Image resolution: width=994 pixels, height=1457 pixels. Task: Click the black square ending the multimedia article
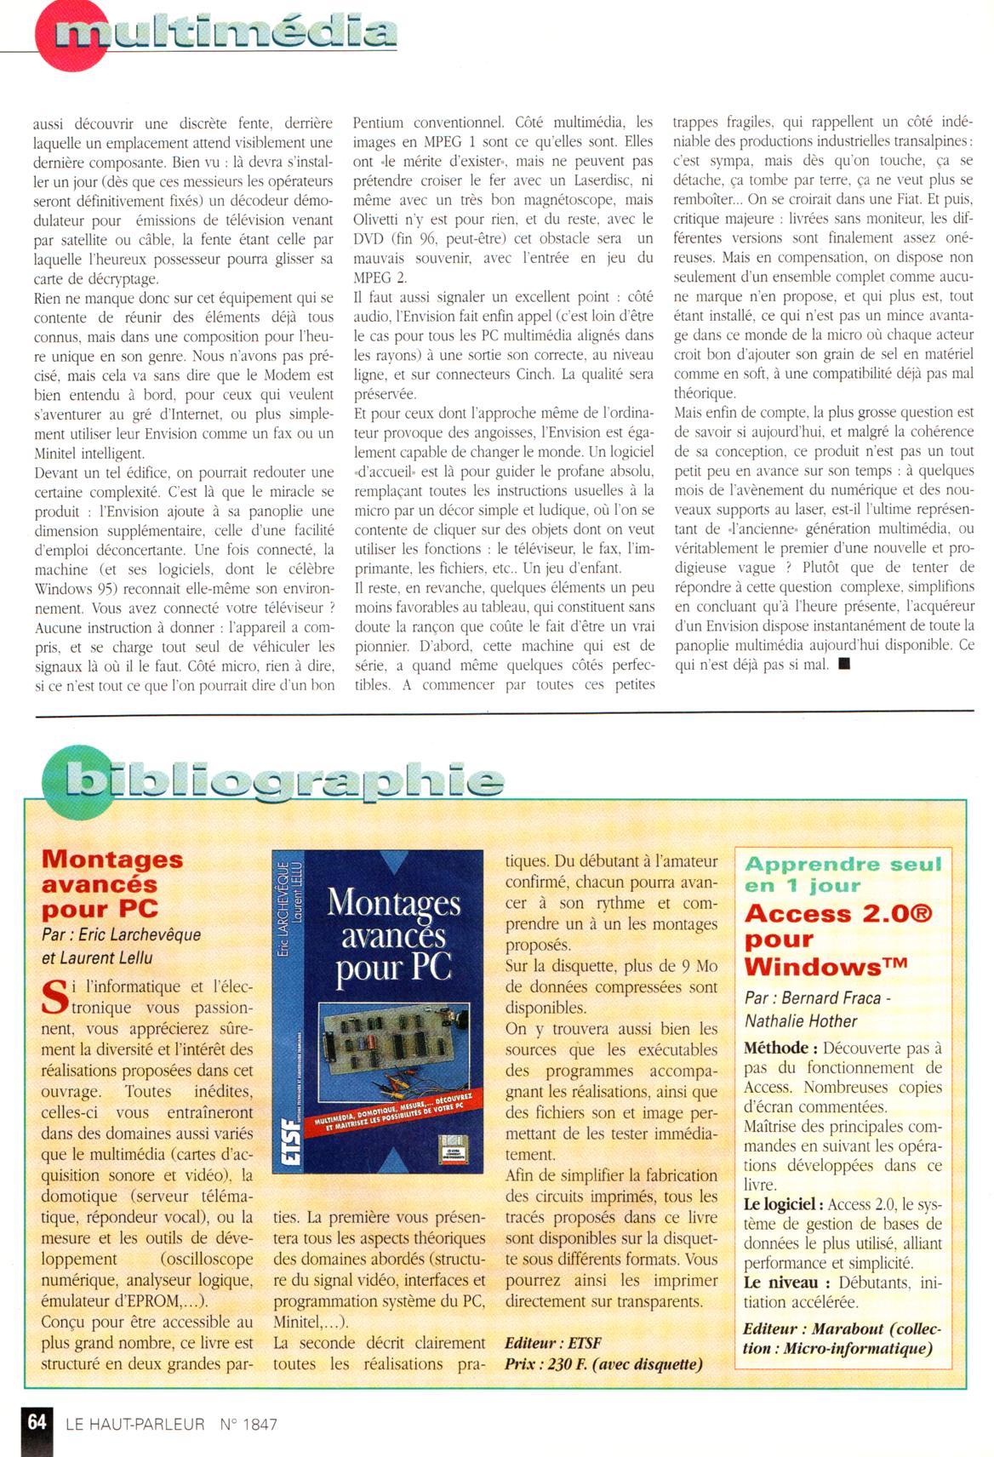tap(843, 664)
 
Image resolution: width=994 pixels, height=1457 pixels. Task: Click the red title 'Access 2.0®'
tap(838, 914)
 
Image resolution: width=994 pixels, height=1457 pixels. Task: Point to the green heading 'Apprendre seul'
tap(843, 865)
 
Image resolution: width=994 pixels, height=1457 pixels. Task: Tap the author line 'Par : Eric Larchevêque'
tap(122, 934)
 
